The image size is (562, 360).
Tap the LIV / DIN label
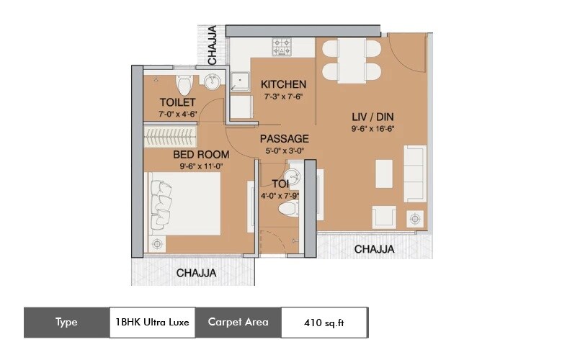(x=373, y=117)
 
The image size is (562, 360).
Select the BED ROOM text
(x=201, y=155)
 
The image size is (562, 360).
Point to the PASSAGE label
(x=284, y=138)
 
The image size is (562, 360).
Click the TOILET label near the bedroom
(x=177, y=102)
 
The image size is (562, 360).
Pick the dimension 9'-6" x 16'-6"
(x=372, y=129)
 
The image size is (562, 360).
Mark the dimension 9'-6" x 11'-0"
(x=202, y=166)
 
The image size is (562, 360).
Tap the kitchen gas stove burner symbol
(x=282, y=47)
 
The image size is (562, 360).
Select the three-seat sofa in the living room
(x=415, y=174)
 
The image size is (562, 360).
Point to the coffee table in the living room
(x=384, y=174)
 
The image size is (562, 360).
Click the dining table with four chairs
(x=351, y=59)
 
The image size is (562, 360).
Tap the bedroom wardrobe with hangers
(x=171, y=135)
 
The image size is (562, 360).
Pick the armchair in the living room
(x=383, y=217)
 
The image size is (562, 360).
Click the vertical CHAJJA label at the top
(x=212, y=45)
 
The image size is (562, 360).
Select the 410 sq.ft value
(x=324, y=323)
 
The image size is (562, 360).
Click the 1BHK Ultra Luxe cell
(x=152, y=323)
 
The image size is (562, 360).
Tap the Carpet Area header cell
(x=238, y=323)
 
